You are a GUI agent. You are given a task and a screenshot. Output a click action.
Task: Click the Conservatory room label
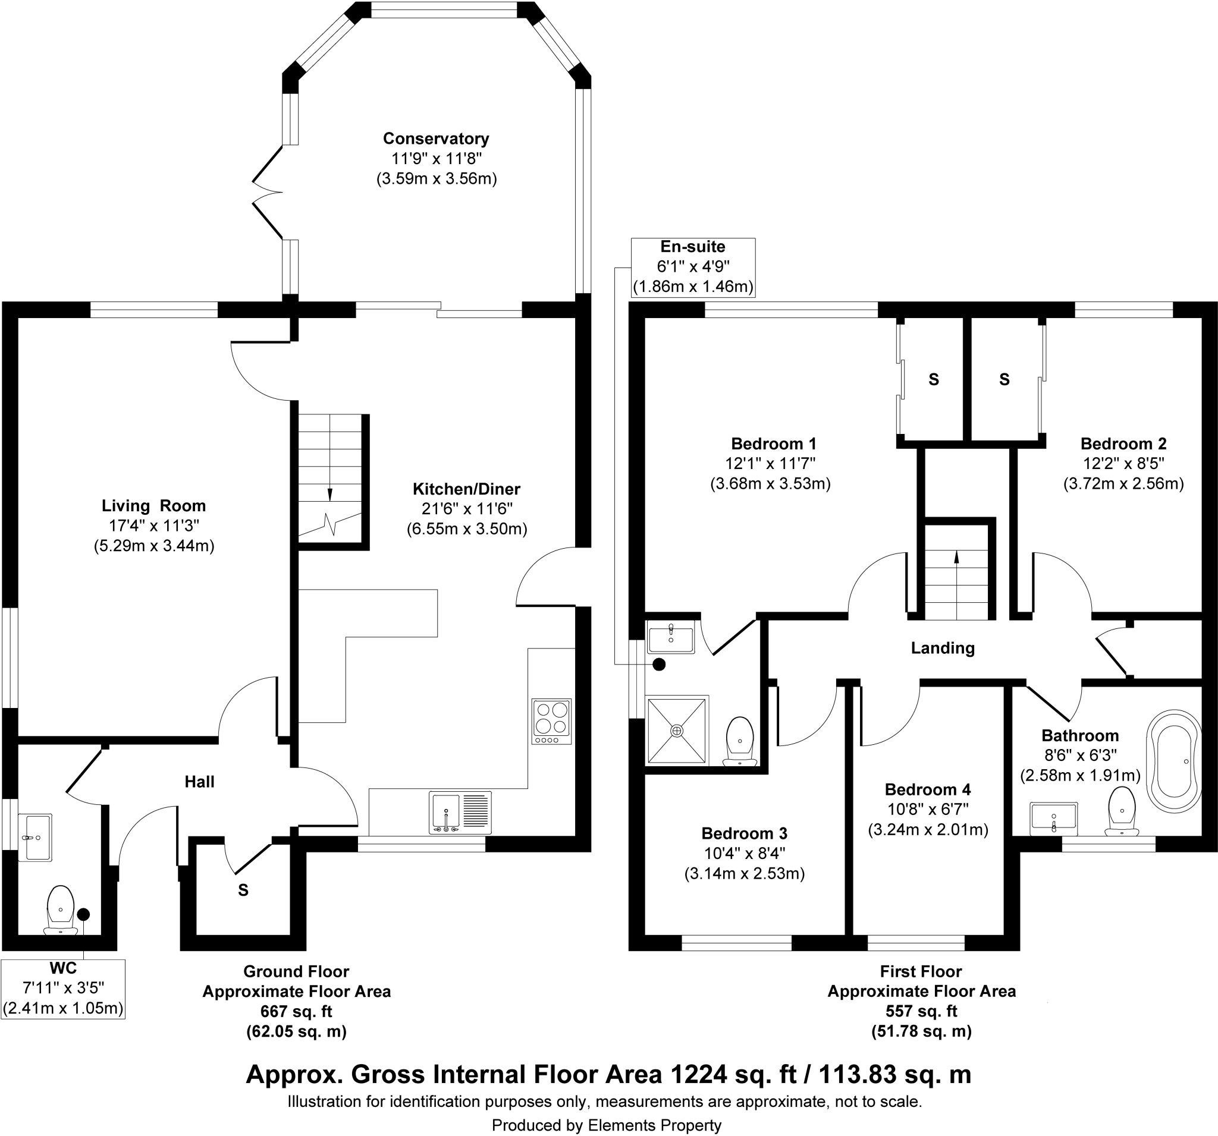tap(435, 139)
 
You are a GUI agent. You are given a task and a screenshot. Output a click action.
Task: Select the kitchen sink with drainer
tap(460, 813)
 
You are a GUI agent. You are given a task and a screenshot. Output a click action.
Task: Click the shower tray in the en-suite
tap(676, 730)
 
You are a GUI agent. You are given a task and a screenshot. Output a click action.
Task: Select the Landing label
tap(942, 648)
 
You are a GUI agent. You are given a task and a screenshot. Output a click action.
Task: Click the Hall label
tap(199, 782)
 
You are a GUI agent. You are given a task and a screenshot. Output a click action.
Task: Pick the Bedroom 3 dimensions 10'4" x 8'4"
tap(745, 853)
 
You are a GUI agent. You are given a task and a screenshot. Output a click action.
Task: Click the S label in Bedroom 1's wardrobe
tap(934, 380)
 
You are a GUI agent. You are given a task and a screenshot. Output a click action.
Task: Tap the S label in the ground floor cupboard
tap(243, 890)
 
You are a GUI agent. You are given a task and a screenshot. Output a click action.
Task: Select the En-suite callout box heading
tap(692, 247)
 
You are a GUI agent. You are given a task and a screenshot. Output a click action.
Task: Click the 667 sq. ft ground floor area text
tap(297, 1011)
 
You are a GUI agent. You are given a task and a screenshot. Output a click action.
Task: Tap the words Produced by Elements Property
tap(607, 1125)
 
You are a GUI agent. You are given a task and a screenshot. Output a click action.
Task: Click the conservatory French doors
tap(268, 192)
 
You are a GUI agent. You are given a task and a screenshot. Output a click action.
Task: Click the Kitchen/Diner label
tap(466, 489)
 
